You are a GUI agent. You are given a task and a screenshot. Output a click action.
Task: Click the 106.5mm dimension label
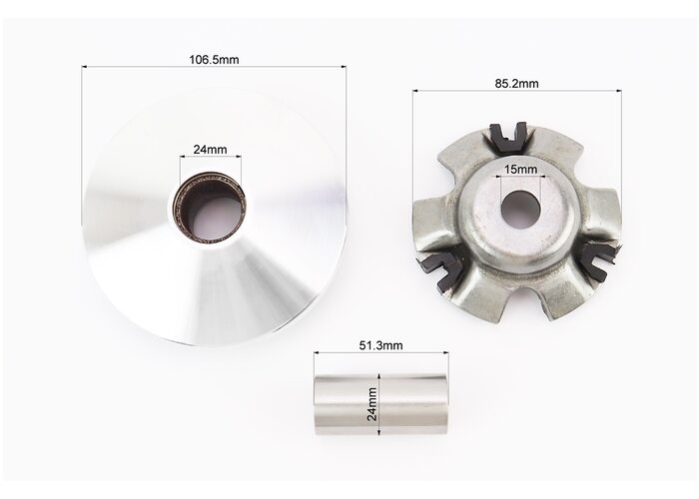coord(214,59)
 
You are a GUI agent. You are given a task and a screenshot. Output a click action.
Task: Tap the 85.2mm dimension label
coord(516,83)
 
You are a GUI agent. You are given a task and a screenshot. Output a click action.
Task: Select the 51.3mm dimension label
coord(380,345)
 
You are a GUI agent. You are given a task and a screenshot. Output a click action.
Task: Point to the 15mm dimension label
coord(520,170)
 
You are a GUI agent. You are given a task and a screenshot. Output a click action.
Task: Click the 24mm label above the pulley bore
coord(210,150)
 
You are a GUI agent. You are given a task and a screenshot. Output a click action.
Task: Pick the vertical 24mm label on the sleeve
coord(372,404)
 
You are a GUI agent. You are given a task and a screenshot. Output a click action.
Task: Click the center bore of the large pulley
coord(210,208)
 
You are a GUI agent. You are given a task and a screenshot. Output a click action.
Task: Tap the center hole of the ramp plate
coord(520,208)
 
